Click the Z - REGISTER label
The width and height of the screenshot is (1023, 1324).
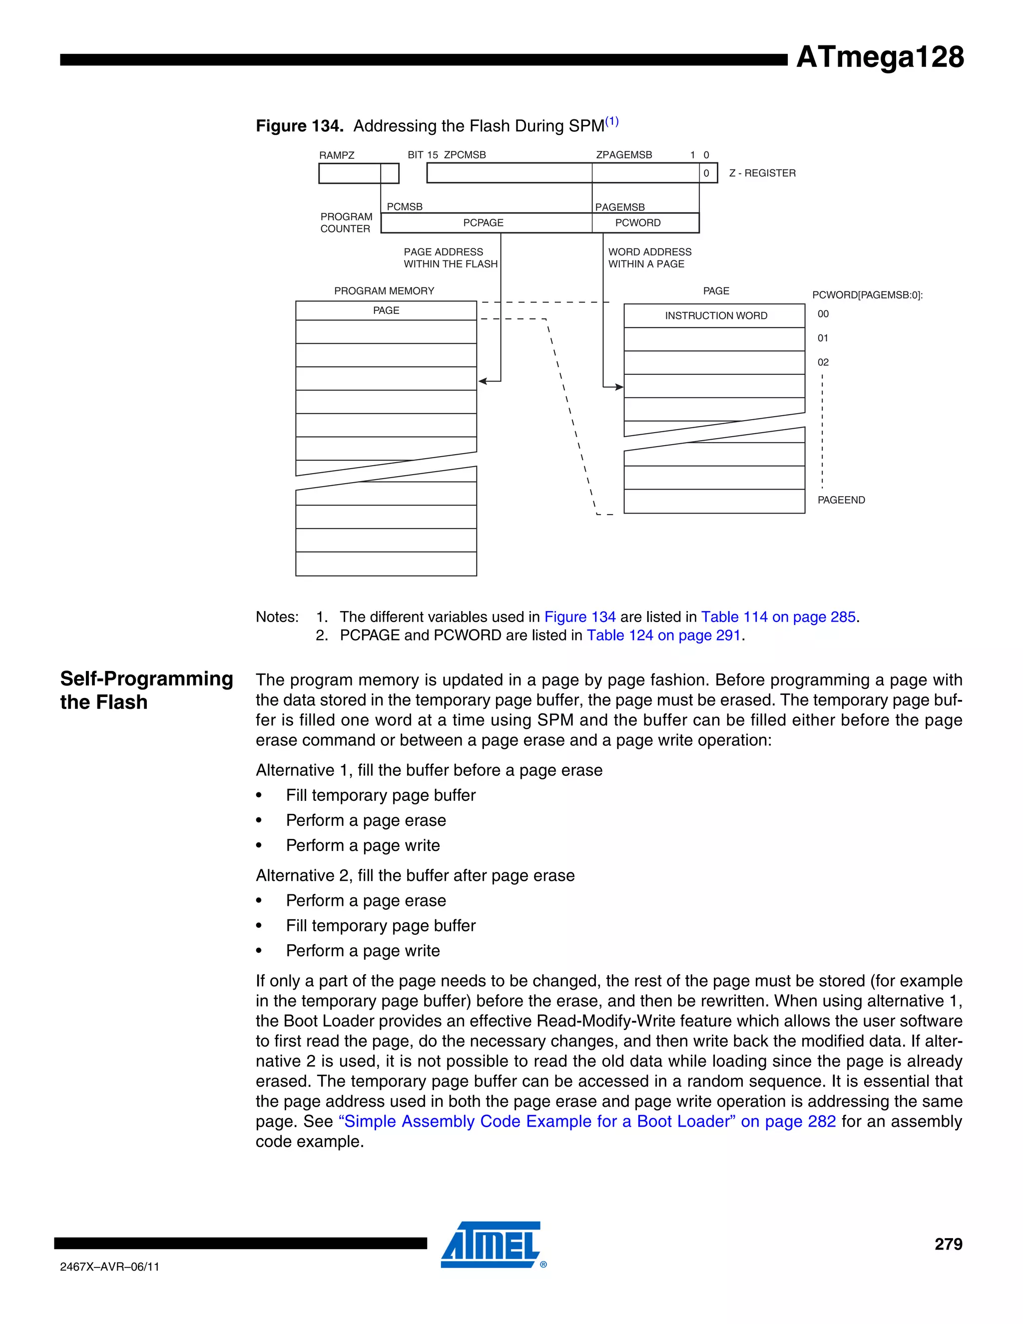pos(762,173)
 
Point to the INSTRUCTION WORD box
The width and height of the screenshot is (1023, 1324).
pos(715,315)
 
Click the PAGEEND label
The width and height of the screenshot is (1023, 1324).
pos(841,500)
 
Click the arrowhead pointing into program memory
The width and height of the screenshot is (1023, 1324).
pos(483,381)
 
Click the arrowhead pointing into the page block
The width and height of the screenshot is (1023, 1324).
pos(619,387)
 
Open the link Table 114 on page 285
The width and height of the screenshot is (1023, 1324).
pos(778,617)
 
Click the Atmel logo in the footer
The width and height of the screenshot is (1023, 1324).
pos(492,1245)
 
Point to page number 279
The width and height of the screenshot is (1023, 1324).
pos(948,1244)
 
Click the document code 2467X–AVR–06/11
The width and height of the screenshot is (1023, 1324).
pos(110,1267)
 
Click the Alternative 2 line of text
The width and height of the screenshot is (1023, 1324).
pos(415,875)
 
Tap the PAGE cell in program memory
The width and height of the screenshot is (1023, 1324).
pos(386,310)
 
